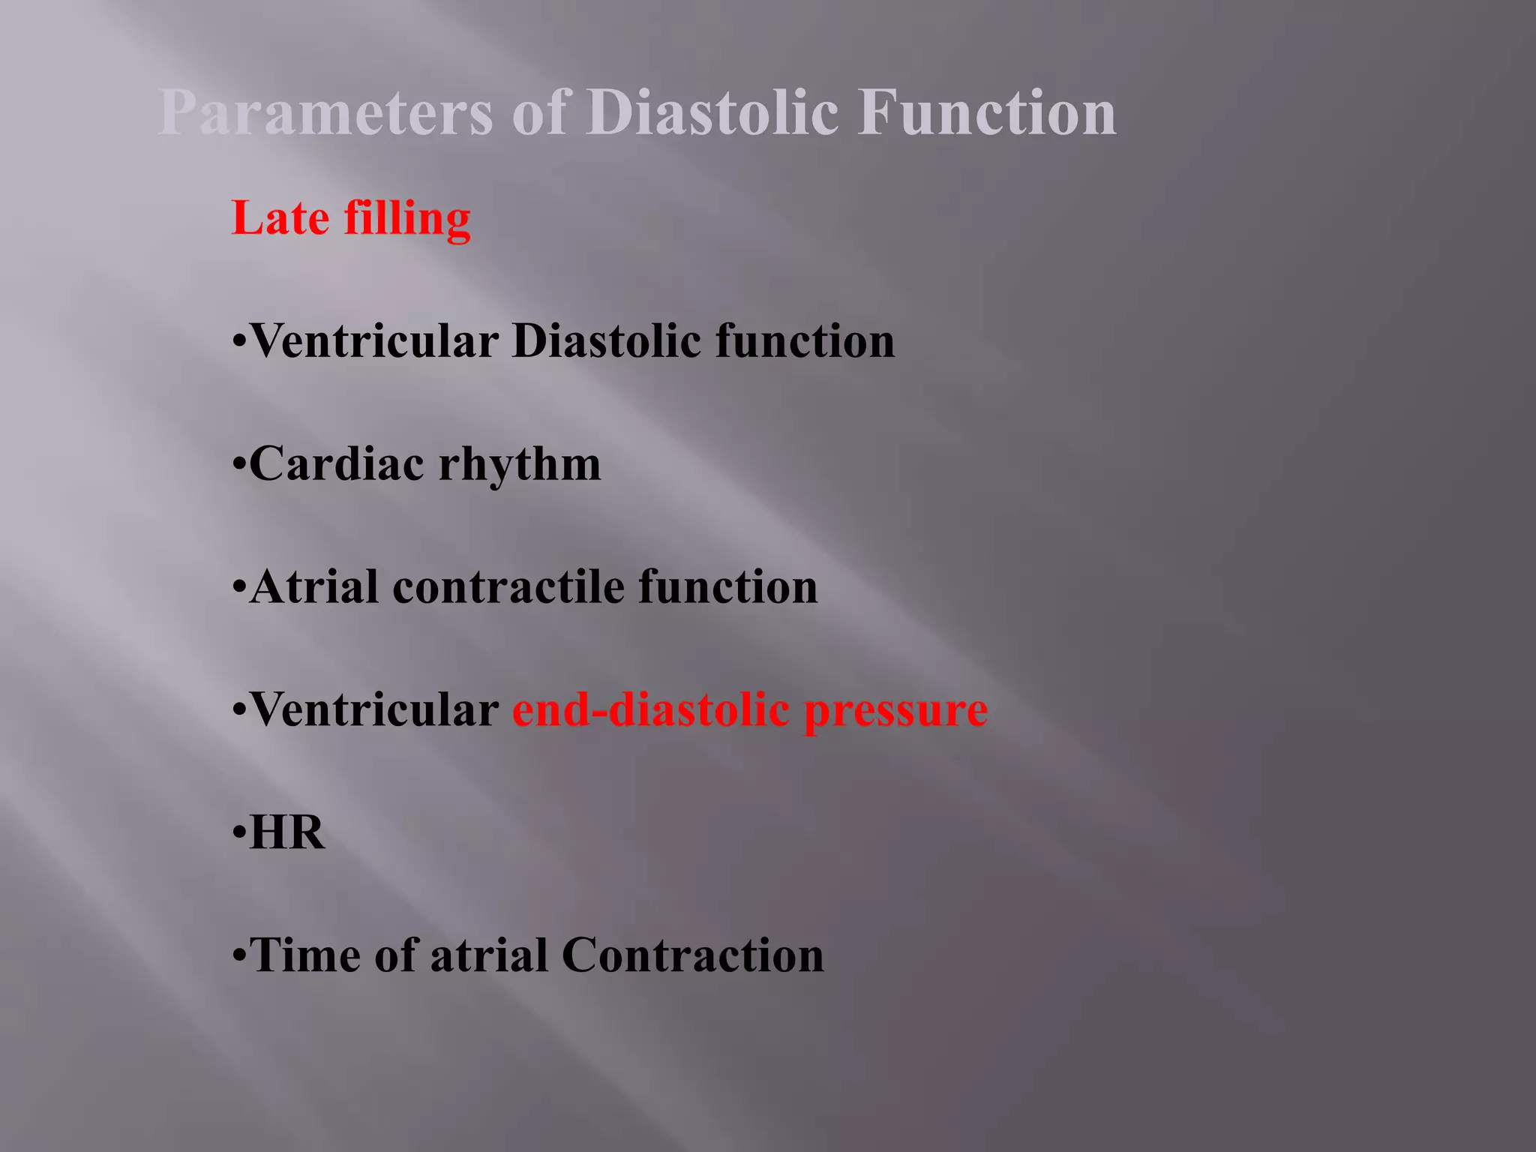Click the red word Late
pos(280,218)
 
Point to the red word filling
pos(407,218)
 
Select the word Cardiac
pos(337,463)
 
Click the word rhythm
pos(520,465)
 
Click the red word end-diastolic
pos(650,709)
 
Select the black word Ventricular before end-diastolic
pos(373,709)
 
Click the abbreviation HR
pos(287,832)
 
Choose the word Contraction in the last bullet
pos(692,955)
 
